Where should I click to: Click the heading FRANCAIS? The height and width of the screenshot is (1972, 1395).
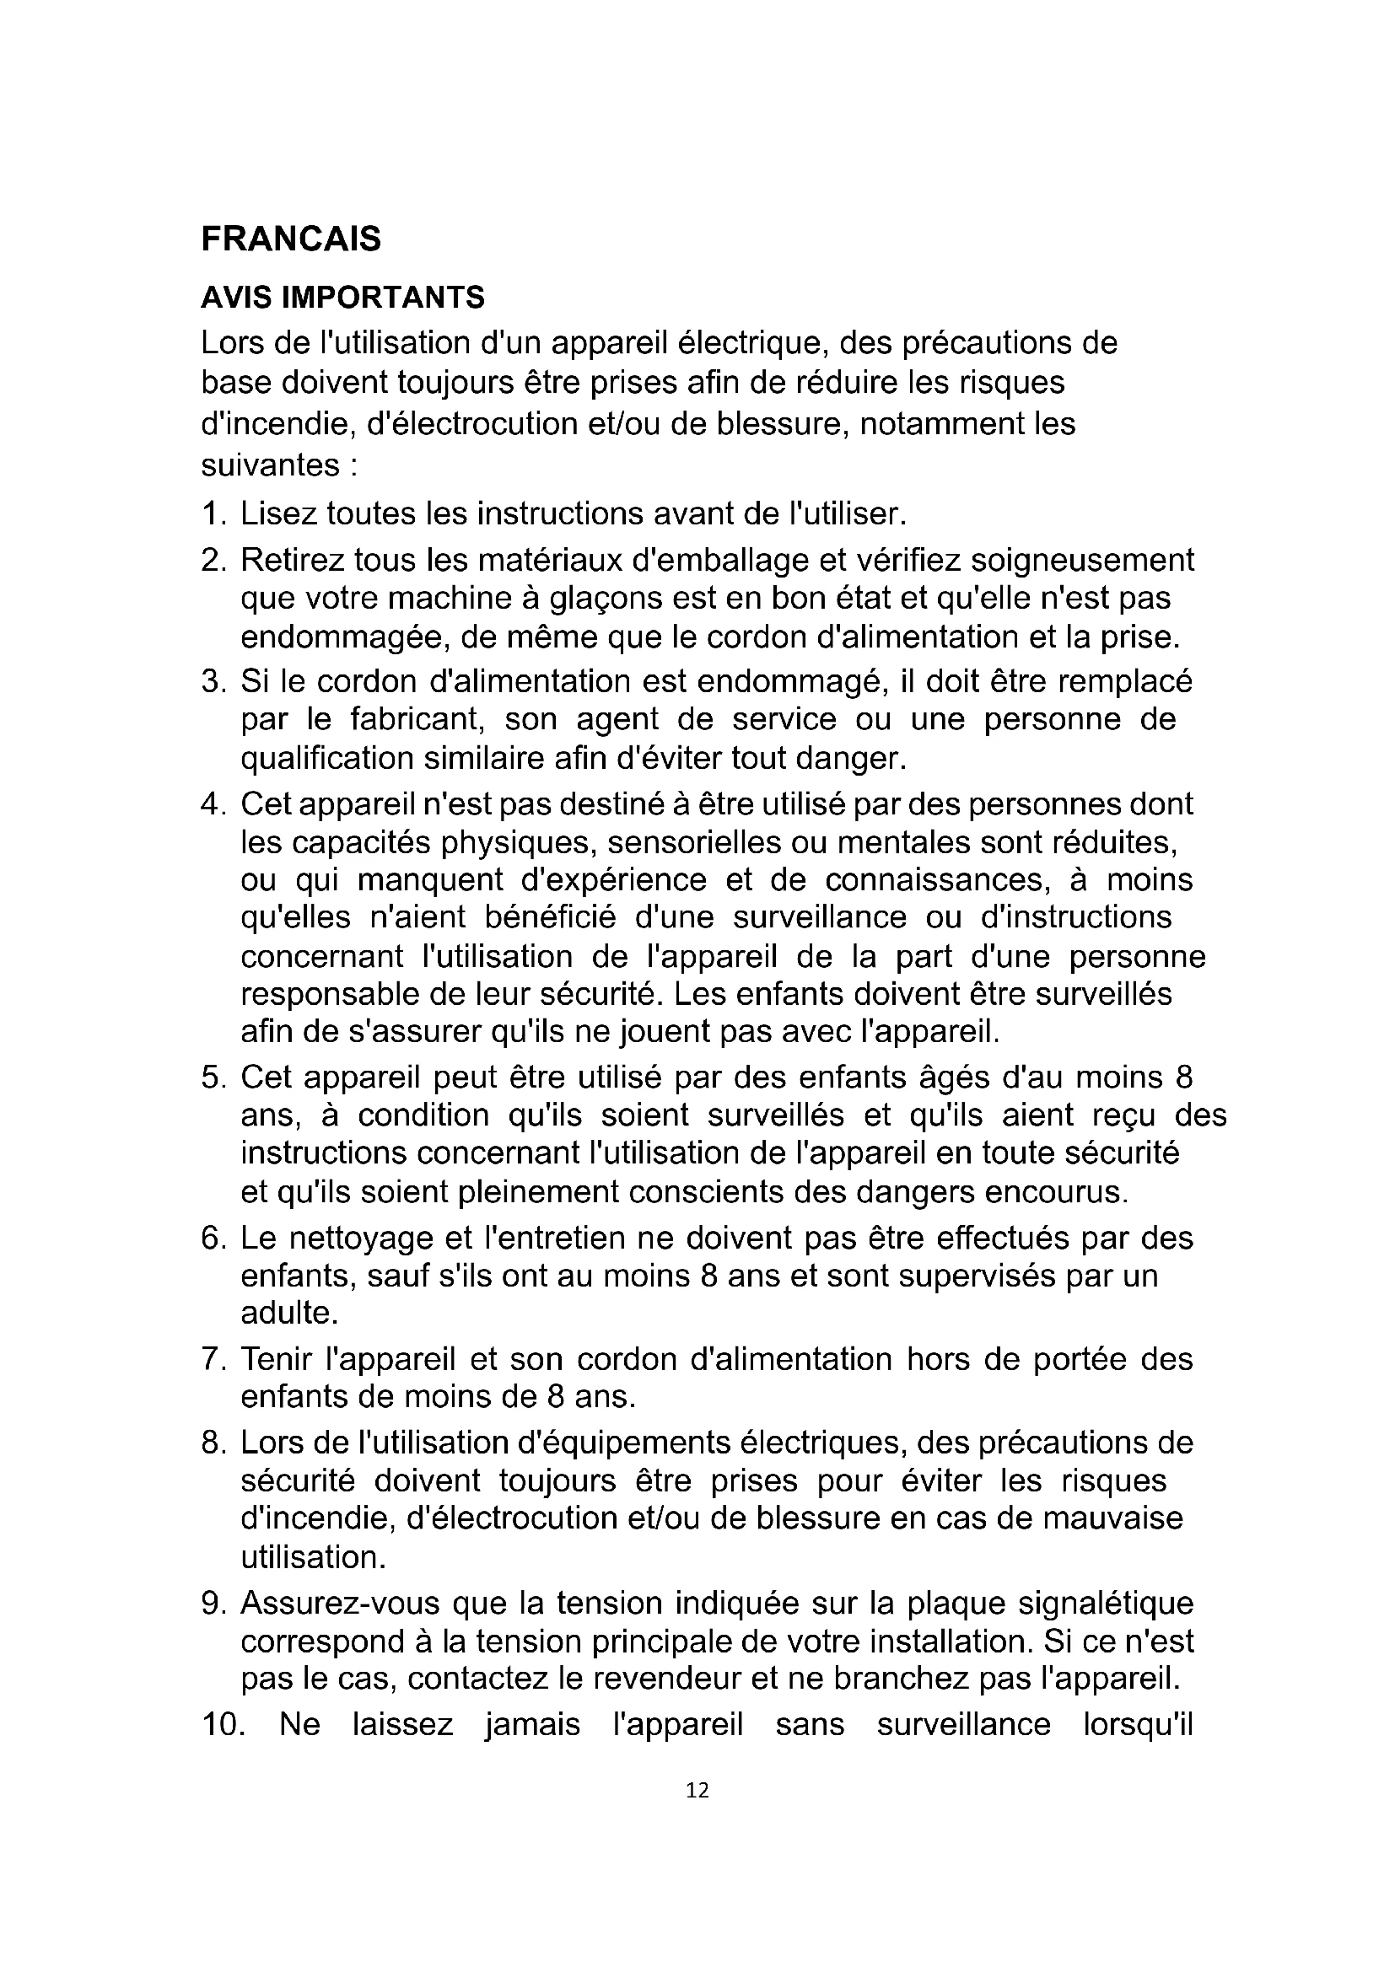coord(290,239)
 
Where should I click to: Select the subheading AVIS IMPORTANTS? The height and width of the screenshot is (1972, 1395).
coord(342,297)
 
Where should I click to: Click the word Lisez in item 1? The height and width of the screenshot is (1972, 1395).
coord(277,513)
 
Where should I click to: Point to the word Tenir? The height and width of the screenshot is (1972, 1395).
coord(277,1359)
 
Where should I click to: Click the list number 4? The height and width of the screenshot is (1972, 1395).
coord(212,805)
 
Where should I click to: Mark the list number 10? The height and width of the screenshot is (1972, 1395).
coord(223,1725)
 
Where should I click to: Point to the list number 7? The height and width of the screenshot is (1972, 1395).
coord(212,1359)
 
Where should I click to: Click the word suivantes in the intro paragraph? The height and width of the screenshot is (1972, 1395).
coord(270,465)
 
